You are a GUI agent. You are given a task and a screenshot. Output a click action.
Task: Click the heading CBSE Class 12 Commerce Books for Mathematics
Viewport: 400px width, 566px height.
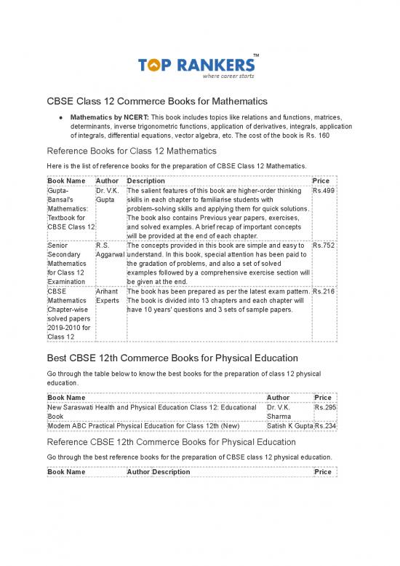[157, 100]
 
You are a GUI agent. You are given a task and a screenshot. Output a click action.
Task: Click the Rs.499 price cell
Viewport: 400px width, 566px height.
[323, 191]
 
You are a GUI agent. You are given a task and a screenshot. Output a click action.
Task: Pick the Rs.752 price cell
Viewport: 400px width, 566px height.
[323, 246]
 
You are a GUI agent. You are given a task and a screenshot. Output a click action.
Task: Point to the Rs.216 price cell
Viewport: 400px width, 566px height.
[323, 291]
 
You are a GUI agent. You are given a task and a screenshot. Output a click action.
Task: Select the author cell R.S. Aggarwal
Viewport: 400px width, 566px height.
[109, 251]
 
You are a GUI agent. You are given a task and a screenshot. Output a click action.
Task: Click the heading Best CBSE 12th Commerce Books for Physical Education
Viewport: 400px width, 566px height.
[172, 358]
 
